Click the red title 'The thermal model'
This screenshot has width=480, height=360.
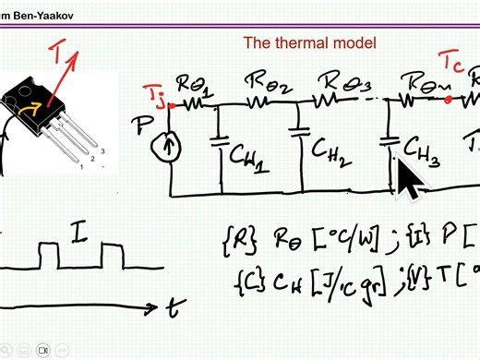309,42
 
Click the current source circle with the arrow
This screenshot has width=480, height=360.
173,144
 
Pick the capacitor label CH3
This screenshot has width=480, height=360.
421,153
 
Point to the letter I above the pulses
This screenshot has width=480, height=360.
81,237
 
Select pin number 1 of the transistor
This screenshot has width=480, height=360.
82,167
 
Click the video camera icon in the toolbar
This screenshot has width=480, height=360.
42,351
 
